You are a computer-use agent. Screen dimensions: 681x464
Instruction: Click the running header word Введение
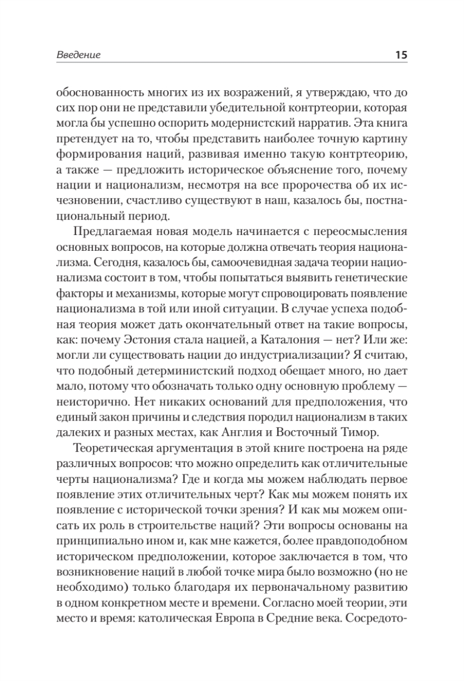coord(78,56)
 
